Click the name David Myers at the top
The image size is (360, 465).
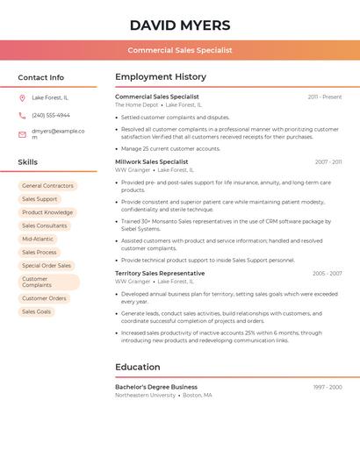pos(180,25)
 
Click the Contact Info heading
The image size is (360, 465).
pos(41,77)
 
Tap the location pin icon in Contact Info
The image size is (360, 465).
pos(22,97)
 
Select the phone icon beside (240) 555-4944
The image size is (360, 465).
pos(22,115)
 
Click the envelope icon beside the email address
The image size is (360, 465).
pos(22,134)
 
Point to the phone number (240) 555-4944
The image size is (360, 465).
pos(51,115)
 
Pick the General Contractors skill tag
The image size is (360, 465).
pos(47,186)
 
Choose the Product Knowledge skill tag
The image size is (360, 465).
pos(47,212)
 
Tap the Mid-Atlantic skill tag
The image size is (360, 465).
pos(38,239)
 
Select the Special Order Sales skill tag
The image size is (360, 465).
pos(47,265)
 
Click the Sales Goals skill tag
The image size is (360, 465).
pos(37,311)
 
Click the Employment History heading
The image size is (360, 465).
pos(161,77)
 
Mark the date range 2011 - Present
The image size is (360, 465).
pos(325,97)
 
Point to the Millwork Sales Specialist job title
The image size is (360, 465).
pos(152,161)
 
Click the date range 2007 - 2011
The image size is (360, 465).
pos(328,162)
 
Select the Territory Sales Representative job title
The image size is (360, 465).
pos(160,273)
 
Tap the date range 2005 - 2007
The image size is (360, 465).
pos(328,274)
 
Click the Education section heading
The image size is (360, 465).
pos(138,367)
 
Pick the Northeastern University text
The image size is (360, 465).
pos(146,396)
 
